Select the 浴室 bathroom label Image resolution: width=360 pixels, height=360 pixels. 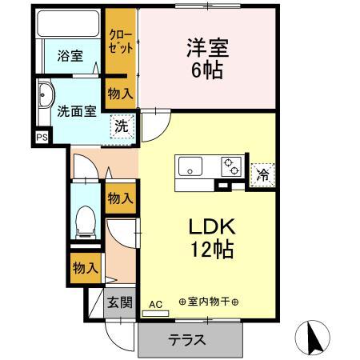point(70,56)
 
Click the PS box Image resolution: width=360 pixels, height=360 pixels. point(42,138)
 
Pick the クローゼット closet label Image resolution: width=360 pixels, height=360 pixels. point(122,42)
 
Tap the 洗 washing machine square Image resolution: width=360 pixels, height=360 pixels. point(120,126)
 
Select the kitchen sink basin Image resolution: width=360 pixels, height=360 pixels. point(190,168)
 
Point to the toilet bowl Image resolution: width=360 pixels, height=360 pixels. point(83,220)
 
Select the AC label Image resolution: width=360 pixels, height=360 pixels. point(155,304)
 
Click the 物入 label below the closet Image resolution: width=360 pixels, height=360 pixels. point(120,94)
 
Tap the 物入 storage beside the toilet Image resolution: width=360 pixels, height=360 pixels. point(120,198)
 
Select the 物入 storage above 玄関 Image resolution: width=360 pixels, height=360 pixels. point(83,268)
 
